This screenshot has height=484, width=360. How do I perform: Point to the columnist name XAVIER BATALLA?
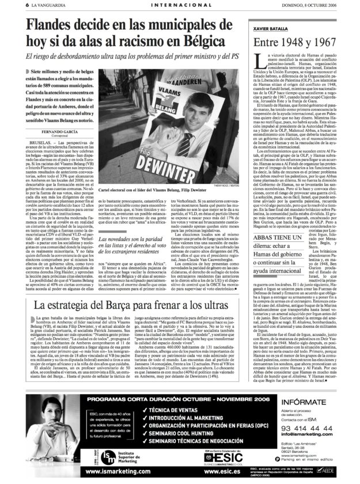266,28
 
